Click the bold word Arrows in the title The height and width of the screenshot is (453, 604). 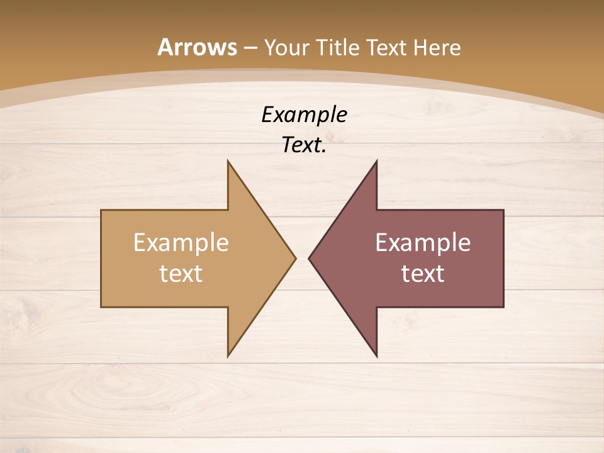[197, 47]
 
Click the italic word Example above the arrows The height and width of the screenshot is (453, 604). [304, 115]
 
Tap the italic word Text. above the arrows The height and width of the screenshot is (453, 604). [304, 145]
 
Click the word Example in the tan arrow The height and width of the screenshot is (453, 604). [181, 243]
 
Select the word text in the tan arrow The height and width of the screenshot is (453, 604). [181, 274]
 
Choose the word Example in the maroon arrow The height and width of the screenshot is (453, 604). [423, 243]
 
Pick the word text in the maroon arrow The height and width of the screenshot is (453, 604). [423, 274]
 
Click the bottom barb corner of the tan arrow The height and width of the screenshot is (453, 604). [228, 355]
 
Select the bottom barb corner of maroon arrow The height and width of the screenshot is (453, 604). [376, 355]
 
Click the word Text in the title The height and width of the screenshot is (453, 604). [388, 48]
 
